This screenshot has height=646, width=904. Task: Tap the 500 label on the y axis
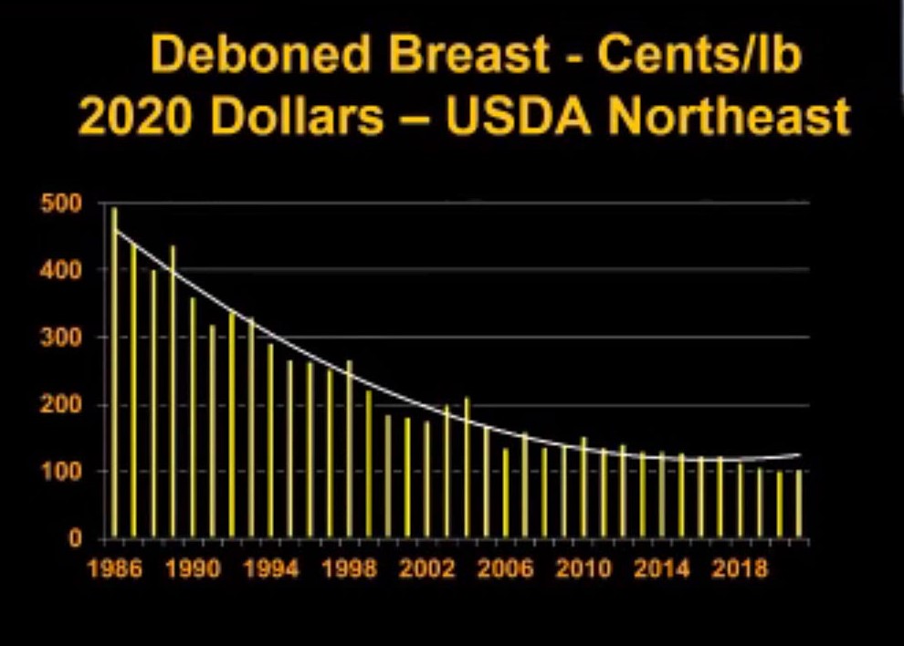tap(59, 203)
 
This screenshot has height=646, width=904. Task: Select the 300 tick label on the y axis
tap(59, 338)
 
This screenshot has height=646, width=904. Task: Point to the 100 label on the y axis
tap(59, 472)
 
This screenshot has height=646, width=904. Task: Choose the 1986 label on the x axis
tap(114, 570)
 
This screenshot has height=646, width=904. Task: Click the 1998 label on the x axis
tap(349, 570)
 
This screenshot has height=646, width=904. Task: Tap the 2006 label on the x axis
tap(505, 570)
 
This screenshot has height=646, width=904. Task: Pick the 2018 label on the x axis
tap(740, 570)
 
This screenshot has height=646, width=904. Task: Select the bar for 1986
tap(114, 374)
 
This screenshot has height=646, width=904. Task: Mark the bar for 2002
tap(426, 480)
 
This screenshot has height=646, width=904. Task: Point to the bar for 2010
tap(583, 488)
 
